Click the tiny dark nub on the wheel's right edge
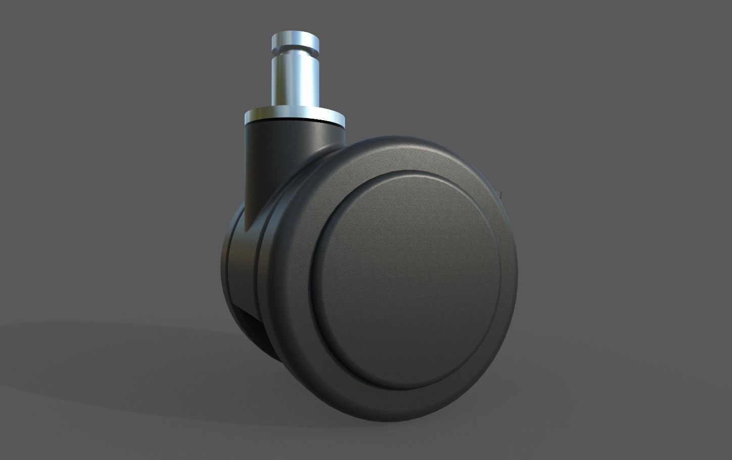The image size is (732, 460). pos(501,192)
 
